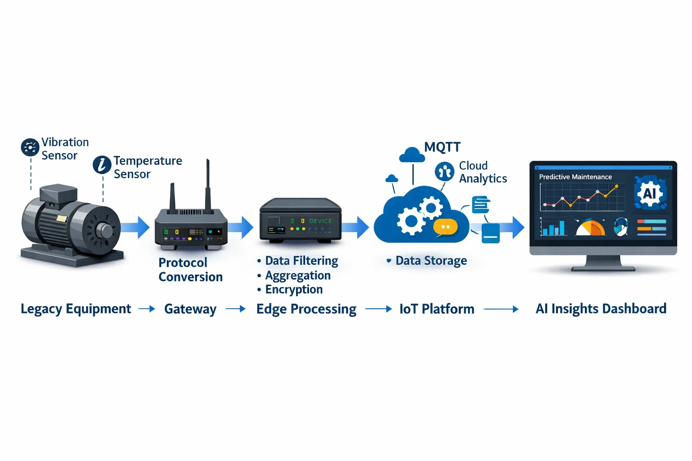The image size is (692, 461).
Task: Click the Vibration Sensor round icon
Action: tap(30, 147)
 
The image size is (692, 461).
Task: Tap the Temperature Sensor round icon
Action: tap(102, 165)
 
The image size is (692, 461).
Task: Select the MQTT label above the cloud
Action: tap(442, 147)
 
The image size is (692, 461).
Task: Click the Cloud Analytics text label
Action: tap(483, 172)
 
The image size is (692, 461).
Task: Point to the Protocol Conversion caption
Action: tap(190, 270)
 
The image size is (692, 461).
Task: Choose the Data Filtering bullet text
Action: tap(301, 261)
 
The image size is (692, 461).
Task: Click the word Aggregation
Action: tap(298, 275)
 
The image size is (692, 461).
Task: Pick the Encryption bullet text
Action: tap(294, 289)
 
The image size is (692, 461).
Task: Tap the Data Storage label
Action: tap(431, 261)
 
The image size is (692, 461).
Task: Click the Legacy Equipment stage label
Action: tap(76, 309)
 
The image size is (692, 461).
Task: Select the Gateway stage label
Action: tap(190, 309)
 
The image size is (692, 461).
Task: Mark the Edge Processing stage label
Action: tap(306, 309)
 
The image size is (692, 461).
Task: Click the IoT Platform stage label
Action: tap(437, 309)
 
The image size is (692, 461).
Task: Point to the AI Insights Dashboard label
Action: tap(601, 309)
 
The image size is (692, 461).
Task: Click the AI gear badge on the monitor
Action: tap(649, 193)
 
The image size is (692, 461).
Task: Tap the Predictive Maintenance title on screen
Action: tap(575, 177)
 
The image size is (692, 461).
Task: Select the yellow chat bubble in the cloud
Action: tap(445, 227)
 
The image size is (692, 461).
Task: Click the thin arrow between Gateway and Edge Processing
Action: tap(236, 309)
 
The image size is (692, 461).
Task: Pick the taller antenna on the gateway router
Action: tap(208, 185)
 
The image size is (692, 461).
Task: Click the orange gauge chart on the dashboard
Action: tap(591, 227)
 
